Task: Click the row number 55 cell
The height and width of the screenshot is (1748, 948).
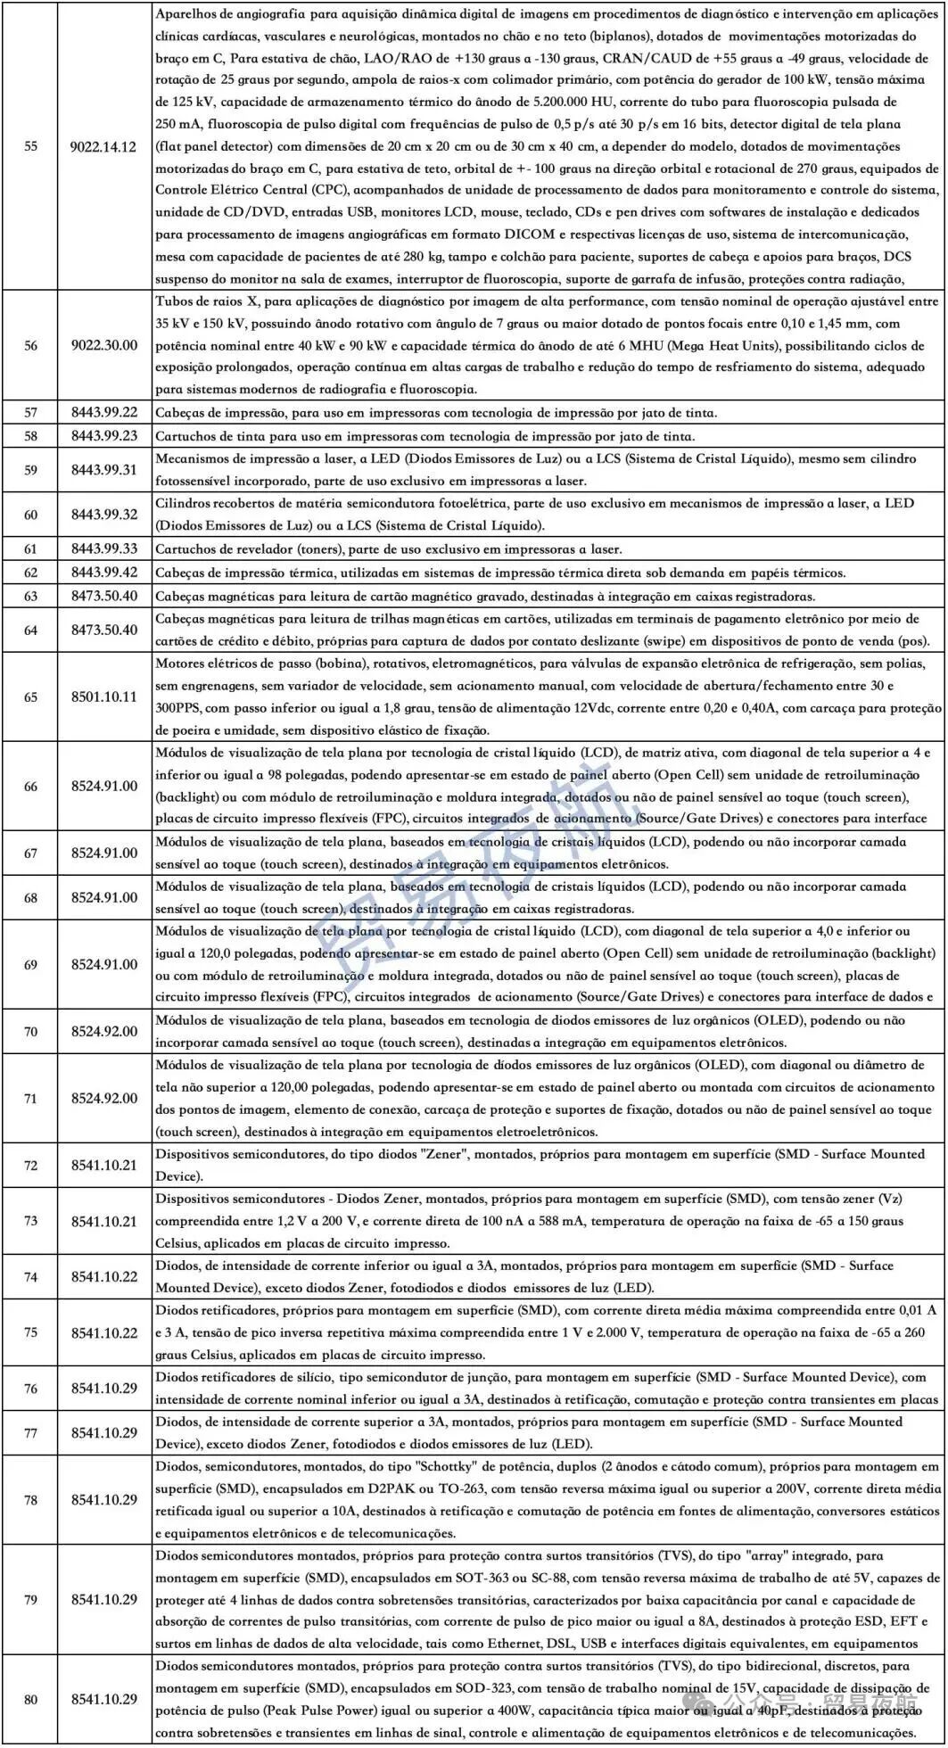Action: [x=31, y=146]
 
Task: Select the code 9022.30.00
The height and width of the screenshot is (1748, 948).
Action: [x=104, y=345]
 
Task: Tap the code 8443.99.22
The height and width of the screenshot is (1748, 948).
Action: [x=104, y=412]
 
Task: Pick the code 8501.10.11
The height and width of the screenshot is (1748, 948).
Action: [x=104, y=697]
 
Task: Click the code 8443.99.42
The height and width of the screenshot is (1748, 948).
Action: [x=104, y=573]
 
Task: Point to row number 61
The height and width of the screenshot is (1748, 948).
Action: [x=31, y=549]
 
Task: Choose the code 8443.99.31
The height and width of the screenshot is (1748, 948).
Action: [x=104, y=470]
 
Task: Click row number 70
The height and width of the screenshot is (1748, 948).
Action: [x=31, y=1032]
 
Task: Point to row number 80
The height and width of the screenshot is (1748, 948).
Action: [x=31, y=1699]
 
